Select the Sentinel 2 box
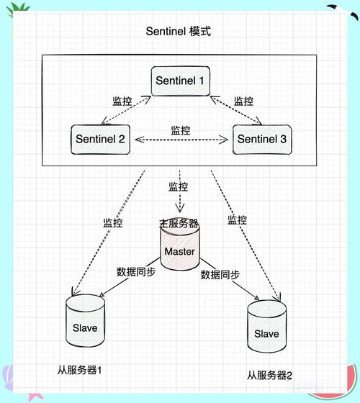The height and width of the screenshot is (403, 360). [x=99, y=138]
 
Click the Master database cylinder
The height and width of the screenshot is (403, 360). [x=180, y=249]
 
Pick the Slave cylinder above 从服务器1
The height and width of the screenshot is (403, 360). [x=85, y=325]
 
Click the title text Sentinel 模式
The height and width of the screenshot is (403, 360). [x=179, y=32]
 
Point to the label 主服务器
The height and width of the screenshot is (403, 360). [x=179, y=224]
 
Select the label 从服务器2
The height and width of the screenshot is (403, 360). [x=270, y=375]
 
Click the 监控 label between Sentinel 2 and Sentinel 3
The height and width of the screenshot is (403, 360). [x=181, y=130]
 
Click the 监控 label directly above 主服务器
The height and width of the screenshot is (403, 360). [x=179, y=187]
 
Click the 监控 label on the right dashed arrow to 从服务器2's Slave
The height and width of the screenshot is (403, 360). [x=238, y=220]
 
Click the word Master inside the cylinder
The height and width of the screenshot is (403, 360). [x=180, y=252]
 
